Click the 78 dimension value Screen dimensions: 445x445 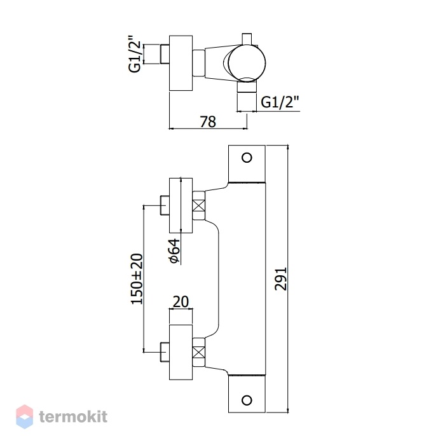(x=208, y=122)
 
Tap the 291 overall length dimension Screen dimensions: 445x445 (x=281, y=279)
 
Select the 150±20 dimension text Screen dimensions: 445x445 (x=137, y=279)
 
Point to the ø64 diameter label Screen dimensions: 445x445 (x=175, y=251)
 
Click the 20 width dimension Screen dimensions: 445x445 (x=181, y=302)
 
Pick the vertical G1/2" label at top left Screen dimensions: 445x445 (x=135, y=54)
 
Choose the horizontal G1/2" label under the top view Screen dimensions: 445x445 (x=280, y=102)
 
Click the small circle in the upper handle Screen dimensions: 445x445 (x=247, y=158)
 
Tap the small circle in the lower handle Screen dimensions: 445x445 (x=247, y=400)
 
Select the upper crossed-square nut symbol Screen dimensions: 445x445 (x=198, y=205)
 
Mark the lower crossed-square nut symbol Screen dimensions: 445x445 (x=198, y=352)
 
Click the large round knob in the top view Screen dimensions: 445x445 (x=247, y=63)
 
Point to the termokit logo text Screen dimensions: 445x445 (x=73, y=416)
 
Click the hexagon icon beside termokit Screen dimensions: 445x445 (x=24, y=416)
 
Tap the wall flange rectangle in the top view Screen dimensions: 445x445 (x=181, y=63)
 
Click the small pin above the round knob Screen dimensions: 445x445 (x=247, y=39)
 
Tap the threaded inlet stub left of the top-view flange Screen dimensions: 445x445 (x=165, y=54)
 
